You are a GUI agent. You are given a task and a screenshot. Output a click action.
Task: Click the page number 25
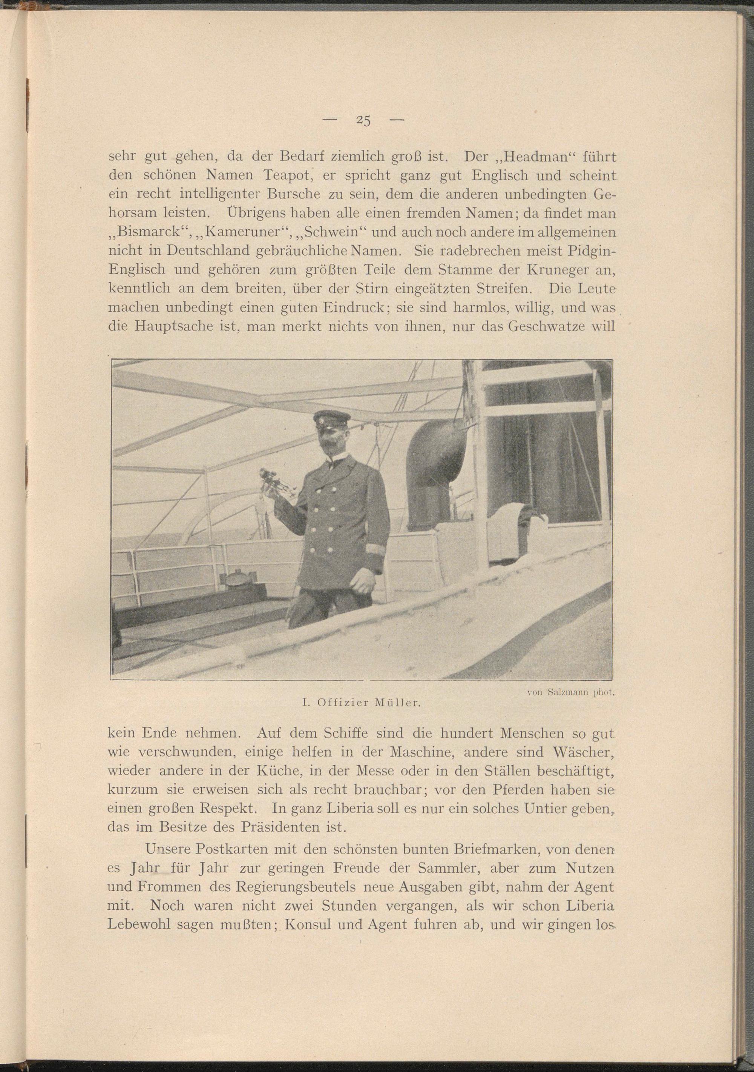[363, 121]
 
